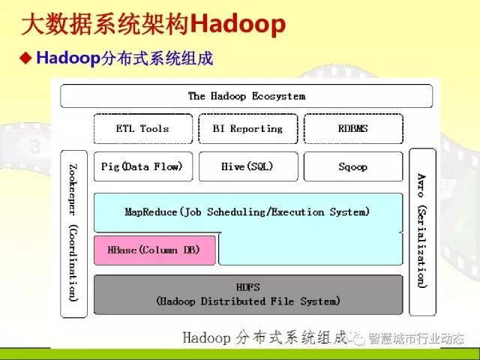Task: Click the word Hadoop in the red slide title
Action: (238, 25)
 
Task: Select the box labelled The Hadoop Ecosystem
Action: (246, 96)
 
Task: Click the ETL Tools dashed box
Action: (142, 129)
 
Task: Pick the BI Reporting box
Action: (247, 129)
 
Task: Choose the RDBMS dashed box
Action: (352, 129)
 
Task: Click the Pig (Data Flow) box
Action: (142, 166)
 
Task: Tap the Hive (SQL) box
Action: (247, 166)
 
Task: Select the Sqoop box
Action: (352, 166)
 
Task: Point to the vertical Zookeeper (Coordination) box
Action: (73, 232)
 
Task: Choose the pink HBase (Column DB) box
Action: (154, 250)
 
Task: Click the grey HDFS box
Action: (247, 294)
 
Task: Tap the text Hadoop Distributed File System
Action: (247, 301)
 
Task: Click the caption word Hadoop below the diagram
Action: (206, 337)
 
